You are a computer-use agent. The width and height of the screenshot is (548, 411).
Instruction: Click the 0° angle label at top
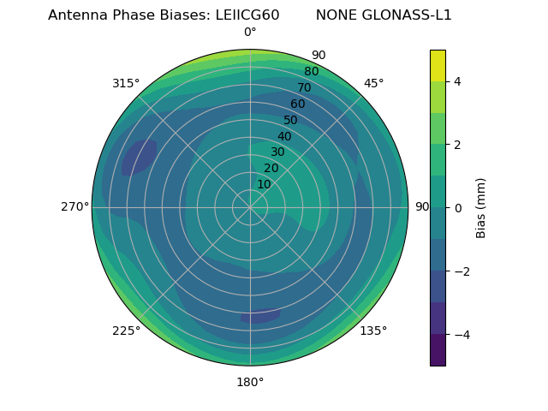coord(250,33)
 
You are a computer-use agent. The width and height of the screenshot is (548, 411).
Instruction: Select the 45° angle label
coord(373,83)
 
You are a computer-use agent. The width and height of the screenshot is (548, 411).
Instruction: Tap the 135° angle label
coord(373,331)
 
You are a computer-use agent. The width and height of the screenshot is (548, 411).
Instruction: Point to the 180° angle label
coord(250,382)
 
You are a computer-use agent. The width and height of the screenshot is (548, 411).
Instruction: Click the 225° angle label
coord(126,331)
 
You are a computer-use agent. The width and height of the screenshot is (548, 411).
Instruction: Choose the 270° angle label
coord(74,207)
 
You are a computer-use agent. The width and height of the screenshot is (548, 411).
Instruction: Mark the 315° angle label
coord(126,83)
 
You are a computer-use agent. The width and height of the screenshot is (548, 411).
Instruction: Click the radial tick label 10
coord(264,184)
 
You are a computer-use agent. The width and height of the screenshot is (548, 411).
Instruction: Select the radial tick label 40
coord(284,136)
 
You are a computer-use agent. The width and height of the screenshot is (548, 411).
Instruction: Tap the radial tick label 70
coord(305,87)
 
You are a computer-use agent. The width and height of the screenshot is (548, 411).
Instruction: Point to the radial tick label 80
coord(312,72)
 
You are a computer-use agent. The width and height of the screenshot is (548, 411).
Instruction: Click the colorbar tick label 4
coord(458,81)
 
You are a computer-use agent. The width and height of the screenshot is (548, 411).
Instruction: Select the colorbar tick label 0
coord(458,208)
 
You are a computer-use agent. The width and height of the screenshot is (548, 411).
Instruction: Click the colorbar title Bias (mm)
coord(481,208)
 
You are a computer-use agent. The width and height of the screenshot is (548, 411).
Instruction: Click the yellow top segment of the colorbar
coord(438,65)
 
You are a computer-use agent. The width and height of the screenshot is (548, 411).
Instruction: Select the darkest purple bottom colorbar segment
coord(438,350)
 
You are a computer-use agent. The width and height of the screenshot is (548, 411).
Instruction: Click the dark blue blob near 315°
coord(139,158)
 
